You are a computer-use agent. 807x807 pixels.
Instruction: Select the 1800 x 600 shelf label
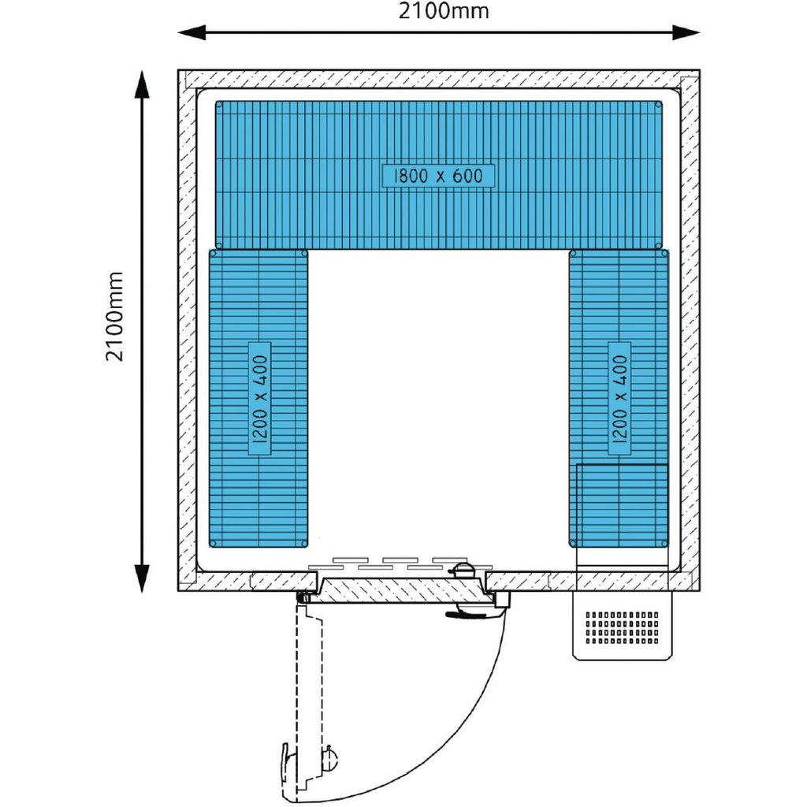click(x=439, y=176)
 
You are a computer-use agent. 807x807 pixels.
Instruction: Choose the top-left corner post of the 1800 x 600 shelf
click(x=220, y=105)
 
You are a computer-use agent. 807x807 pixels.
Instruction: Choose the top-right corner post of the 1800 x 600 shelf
click(x=659, y=105)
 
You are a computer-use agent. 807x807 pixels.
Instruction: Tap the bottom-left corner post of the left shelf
click(x=214, y=544)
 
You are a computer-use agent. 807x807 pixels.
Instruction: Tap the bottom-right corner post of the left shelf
click(x=304, y=544)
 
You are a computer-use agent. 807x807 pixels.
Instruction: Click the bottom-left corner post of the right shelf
click(x=574, y=544)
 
